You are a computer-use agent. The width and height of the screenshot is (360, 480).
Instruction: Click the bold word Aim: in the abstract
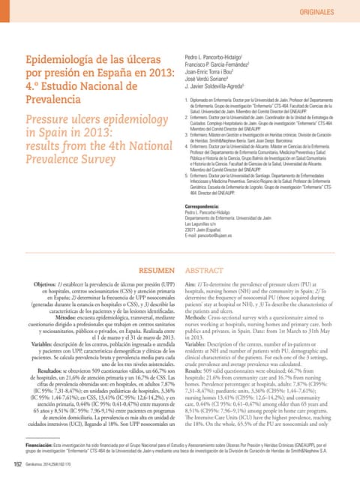point(191,286)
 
